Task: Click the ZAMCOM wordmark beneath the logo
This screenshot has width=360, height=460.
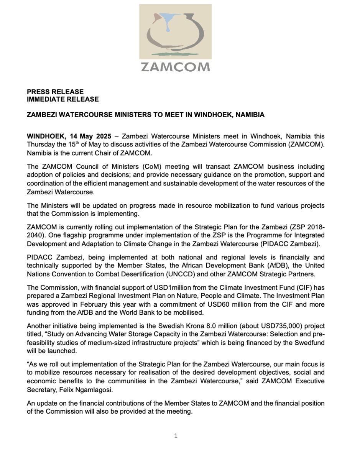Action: pyautogui.click(x=175, y=67)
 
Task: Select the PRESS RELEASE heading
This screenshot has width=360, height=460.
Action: pyautogui.click(x=55, y=92)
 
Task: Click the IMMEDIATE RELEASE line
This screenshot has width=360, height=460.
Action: pyautogui.click(x=62, y=99)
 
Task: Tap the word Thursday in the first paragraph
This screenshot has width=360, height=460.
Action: pyautogui.click(x=41, y=144)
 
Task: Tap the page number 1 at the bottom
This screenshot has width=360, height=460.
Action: pyautogui.click(x=176, y=435)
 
